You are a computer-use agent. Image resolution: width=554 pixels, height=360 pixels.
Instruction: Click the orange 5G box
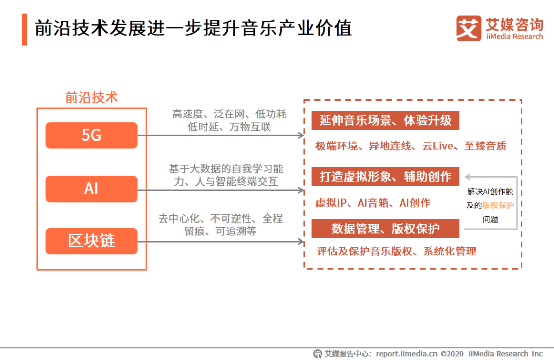coord(91,135)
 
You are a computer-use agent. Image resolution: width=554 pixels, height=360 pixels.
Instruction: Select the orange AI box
coord(91,189)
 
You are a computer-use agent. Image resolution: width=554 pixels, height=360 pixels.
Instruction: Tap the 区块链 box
coord(91,242)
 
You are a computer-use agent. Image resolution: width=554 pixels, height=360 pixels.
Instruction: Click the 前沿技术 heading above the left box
coord(91,97)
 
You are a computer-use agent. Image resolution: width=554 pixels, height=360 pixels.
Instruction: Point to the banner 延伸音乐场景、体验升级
coord(385,121)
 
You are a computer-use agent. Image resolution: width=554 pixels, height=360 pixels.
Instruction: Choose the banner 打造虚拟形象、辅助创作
coord(385,176)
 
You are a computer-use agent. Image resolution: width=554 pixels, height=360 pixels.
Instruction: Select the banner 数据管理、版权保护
coord(385,229)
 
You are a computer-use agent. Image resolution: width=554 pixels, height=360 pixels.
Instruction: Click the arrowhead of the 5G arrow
coord(301,135)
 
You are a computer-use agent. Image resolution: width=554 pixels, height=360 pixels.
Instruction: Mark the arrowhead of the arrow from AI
coord(301,190)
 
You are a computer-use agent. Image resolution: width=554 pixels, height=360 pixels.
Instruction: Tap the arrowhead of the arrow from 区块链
coord(301,242)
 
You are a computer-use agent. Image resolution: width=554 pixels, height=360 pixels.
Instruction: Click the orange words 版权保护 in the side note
coord(498,205)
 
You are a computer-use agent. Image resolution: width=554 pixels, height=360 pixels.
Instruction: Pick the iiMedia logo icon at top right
coord(468,28)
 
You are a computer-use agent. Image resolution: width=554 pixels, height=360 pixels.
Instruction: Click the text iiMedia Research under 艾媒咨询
coord(515,37)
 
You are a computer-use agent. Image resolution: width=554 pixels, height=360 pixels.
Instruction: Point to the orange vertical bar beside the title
coord(25,30)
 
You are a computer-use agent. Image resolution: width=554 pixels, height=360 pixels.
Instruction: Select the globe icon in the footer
coord(318,354)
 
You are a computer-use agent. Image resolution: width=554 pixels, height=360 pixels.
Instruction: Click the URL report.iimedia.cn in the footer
coord(406,354)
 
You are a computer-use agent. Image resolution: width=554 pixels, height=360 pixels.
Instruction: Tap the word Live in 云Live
coord(443,146)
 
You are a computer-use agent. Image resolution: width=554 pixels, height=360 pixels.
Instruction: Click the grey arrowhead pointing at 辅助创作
coord(468,177)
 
